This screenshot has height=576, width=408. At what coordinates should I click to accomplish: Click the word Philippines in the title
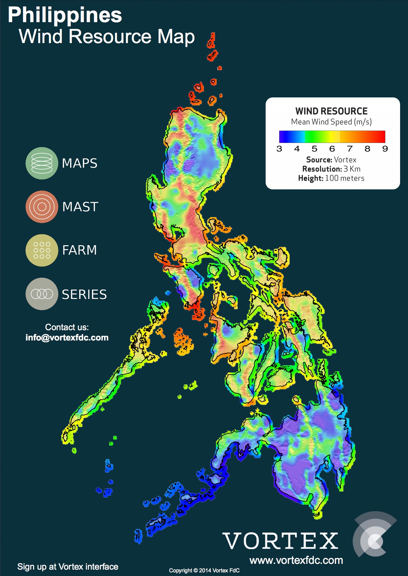[65, 15]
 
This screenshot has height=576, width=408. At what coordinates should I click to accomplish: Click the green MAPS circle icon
[42, 163]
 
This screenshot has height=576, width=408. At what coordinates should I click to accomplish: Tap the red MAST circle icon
[42, 207]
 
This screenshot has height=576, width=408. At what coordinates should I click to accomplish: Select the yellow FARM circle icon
[42, 250]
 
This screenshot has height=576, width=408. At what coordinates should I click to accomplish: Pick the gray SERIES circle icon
[42, 294]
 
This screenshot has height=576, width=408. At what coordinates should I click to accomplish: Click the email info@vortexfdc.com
[67, 337]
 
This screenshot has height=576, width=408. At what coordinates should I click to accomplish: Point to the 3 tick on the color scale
[279, 149]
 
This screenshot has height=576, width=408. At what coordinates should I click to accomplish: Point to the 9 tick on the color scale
[385, 149]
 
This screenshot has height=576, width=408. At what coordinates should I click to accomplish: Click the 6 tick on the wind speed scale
[332, 149]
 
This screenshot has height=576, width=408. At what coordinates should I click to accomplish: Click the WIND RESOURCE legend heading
[331, 111]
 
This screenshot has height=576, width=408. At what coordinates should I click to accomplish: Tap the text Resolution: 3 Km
[331, 169]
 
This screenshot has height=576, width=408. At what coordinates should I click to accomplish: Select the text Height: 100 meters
[331, 178]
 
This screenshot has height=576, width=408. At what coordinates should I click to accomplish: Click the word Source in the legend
[319, 160]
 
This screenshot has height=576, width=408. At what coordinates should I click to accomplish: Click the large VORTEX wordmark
[280, 541]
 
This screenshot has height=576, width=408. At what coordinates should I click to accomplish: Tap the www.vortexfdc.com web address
[296, 560]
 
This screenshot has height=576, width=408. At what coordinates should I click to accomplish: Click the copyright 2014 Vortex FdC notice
[204, 571]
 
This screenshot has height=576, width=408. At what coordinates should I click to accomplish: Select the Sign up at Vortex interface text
[68, 567]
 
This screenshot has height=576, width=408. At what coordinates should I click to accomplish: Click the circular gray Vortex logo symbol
[374, 534]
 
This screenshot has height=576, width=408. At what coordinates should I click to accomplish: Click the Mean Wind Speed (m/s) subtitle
[331, 122]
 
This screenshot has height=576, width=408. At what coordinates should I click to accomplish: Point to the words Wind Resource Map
[107, 36]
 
